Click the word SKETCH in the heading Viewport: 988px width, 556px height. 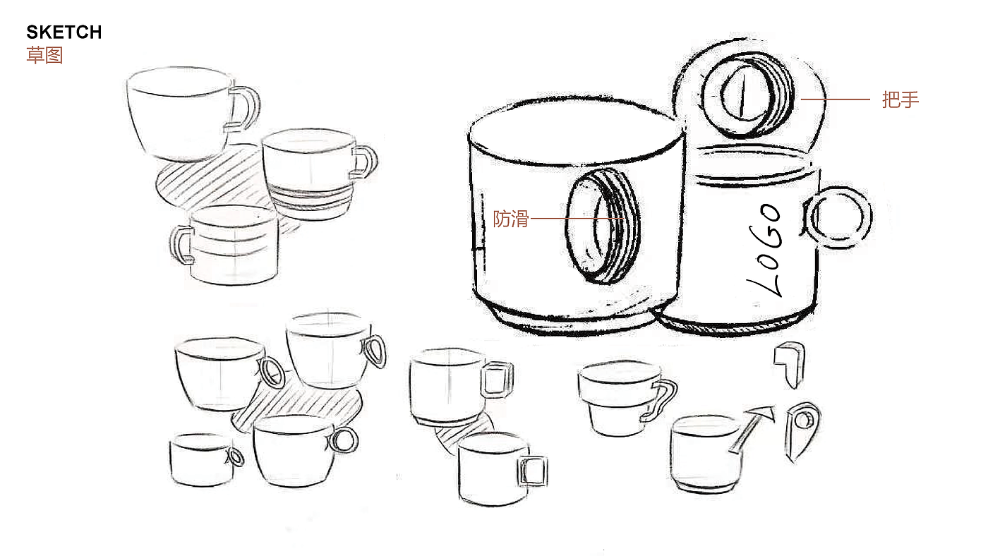[x=64, y=32]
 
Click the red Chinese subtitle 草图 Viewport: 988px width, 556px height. [x=44, y=56]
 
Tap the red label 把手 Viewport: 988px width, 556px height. [x=900, y=99]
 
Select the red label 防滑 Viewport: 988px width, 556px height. [x=511, y=219]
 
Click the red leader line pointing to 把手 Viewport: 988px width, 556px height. [x=835, y=99]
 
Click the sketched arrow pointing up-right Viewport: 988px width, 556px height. [x=752, y=428]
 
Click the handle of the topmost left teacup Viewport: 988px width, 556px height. [x=255, y=106]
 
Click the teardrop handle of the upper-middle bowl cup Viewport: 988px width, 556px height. [x=382, y=353]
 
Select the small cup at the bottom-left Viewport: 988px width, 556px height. [x=201, y=460]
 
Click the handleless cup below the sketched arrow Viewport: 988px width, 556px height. [x=706, y=454]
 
